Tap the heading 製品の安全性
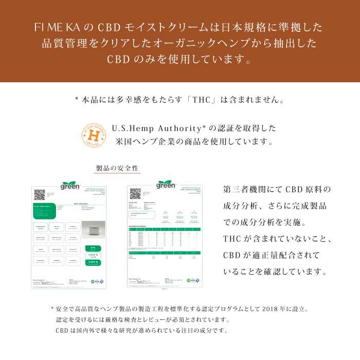[117, 169]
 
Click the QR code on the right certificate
[135, 193]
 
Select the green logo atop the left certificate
[70, 186]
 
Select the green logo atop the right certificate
[166, 184]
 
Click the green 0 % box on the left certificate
[93, 247]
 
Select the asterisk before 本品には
[77, 99]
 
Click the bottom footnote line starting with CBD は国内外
[141, 331]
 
